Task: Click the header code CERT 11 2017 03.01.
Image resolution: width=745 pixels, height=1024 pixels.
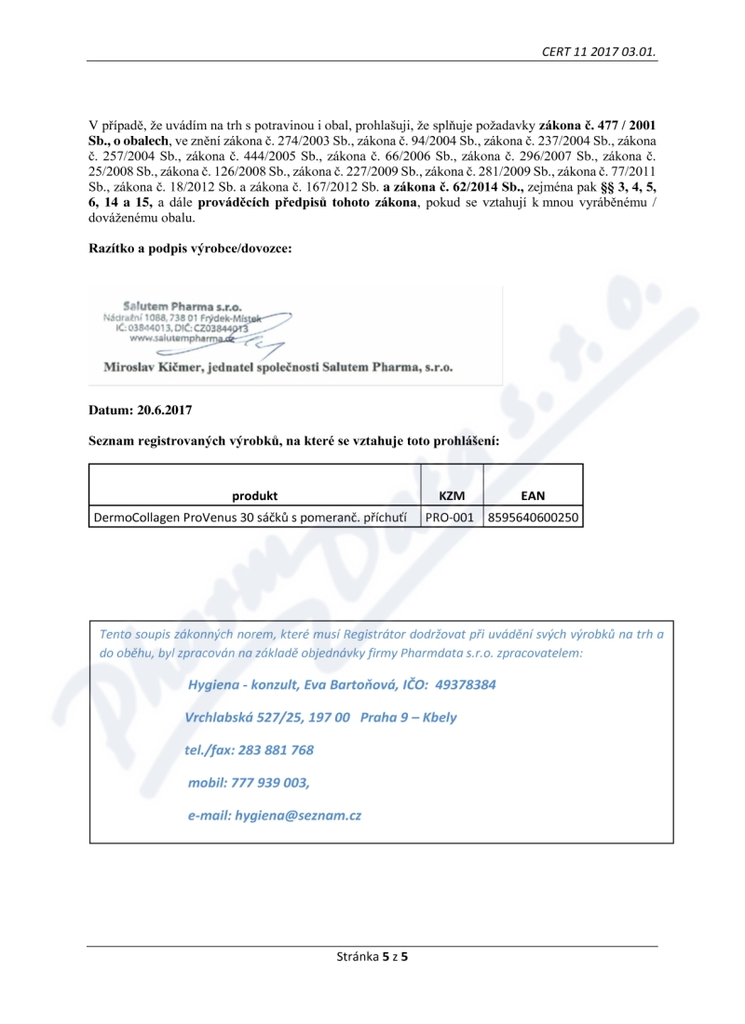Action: (x=599, y=51)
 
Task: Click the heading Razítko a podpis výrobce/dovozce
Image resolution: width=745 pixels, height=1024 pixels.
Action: (x=191, y=249)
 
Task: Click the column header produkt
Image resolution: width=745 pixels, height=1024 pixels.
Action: (x=255, y=496)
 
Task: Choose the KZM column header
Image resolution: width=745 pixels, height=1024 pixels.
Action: (x=451, y=496)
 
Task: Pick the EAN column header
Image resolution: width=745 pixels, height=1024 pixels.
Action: (x=534, y=496)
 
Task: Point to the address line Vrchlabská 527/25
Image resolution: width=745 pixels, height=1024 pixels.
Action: (x=244, y=718)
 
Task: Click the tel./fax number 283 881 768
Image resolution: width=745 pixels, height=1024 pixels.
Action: (x=275, y=749)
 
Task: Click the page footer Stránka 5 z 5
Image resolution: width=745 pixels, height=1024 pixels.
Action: (x=372, y=956)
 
